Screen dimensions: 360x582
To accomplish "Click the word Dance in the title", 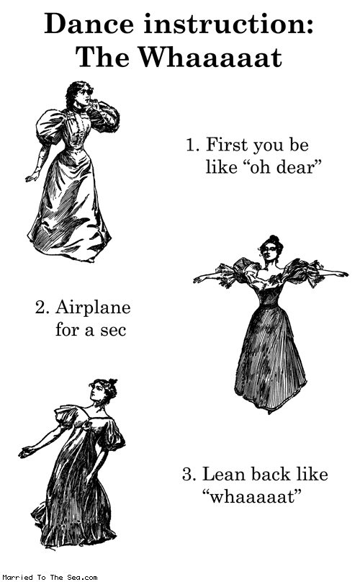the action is (89, 24).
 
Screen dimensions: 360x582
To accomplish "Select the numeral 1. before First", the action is (193, 145).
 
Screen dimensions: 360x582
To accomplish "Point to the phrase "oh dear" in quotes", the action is (282, 167).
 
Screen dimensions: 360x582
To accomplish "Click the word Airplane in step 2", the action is (93, 308).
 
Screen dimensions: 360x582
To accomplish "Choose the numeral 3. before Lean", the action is (189, 475).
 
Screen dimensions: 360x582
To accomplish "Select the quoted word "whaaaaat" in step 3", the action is (251, 496).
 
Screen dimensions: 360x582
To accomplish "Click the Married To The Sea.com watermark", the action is (50, 577).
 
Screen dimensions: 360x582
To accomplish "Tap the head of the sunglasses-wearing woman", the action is (79, 94).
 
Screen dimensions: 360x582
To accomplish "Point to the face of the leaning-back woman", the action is (98, 392).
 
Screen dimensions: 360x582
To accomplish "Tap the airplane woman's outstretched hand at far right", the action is (341, 274).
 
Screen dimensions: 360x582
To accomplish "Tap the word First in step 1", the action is (227, 145).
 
